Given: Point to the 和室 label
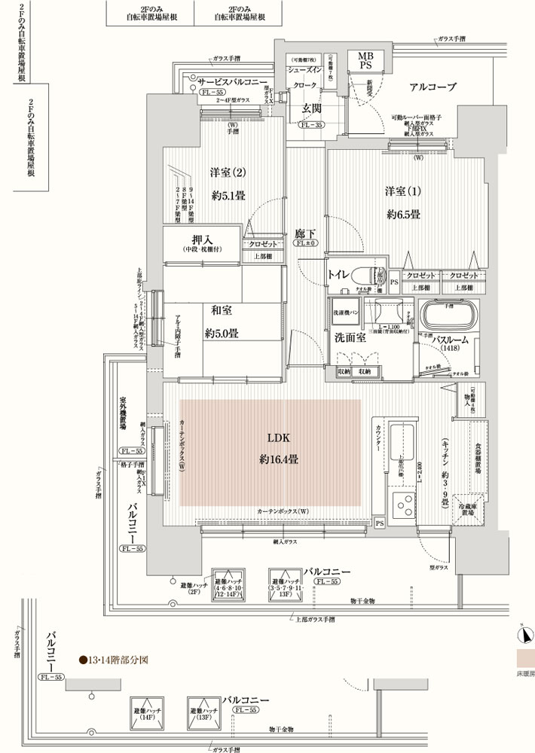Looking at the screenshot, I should (221, 309).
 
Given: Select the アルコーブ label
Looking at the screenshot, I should (433, 88).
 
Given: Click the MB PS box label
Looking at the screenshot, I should (365, 61).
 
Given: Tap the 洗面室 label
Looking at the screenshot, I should (350, 338).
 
